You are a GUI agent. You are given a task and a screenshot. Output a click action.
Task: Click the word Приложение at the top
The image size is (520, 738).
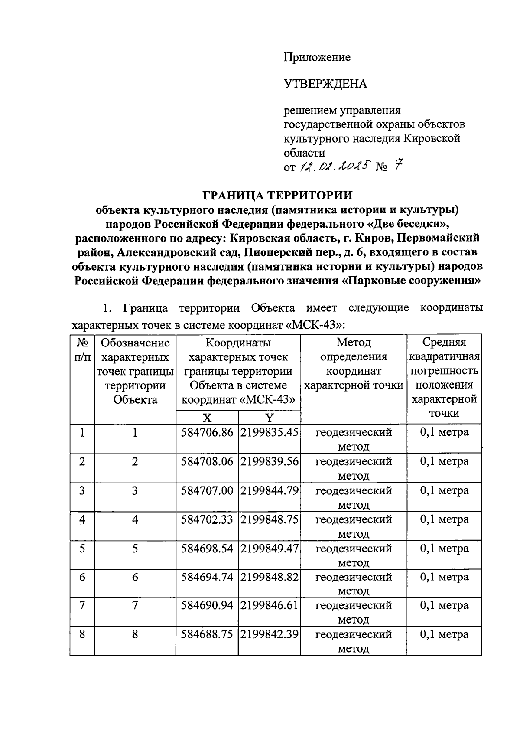coord(317,57)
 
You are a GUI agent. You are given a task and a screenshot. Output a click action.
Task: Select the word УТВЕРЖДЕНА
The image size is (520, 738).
coord(325,84)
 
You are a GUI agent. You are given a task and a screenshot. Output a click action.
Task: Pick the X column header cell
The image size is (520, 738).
coord(207,418)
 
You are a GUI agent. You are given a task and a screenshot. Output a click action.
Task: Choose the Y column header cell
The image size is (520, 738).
coord(269,418)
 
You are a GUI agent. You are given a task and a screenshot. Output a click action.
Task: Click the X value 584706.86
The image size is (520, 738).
coord(207,432)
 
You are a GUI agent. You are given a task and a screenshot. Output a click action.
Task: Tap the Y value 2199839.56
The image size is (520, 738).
coord(269,461)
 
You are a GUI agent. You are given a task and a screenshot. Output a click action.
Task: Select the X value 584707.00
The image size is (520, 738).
coord(207,490)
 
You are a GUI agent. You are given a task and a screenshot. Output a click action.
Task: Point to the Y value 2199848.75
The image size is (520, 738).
coord(269,519)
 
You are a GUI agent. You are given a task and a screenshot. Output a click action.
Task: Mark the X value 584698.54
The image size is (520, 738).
coord(207,549)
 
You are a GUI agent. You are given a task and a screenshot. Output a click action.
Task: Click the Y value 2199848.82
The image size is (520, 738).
coord(269,577)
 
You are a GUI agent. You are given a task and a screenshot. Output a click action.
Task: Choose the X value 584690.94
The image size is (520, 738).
coord(207,605)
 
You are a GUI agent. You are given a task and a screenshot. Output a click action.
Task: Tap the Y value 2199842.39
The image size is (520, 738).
coord(269,634)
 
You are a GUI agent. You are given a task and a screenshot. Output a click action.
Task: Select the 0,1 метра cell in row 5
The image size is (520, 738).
coord(444,549)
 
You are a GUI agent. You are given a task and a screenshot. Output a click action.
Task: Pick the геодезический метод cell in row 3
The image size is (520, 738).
coord(353,497)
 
